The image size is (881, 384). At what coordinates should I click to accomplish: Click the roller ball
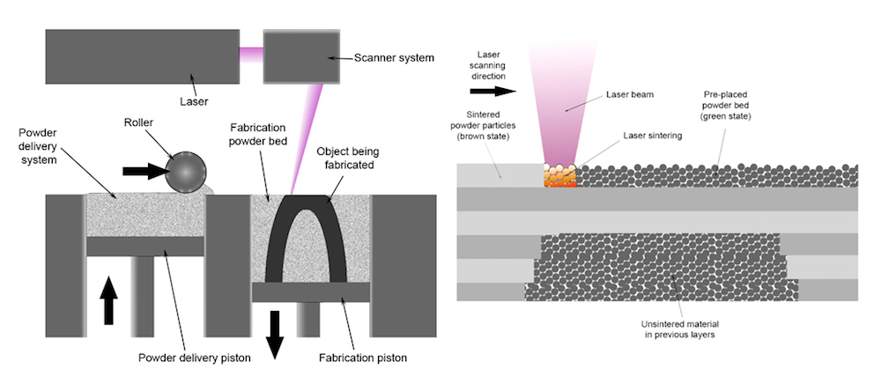tap(186, 173)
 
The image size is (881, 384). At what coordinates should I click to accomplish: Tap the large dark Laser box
tap(143, 56)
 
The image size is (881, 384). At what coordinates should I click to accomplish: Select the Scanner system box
tap(301, 56)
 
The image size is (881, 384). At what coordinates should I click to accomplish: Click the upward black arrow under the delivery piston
tap(109, 301)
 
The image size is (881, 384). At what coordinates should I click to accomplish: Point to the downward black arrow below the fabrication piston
tap(274, 335)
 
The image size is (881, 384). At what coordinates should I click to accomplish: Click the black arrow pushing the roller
tap(144, 172)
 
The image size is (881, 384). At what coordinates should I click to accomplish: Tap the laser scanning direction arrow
tap(492, 91)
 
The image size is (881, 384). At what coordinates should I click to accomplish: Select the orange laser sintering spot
tap(560, 175)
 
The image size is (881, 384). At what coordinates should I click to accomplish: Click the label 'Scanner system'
tap(394, 57)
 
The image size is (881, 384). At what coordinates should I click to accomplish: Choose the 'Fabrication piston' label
tap(362, 357)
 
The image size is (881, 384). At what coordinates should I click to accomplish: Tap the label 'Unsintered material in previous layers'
tap(680, 329)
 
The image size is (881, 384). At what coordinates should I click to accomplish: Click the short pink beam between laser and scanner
tap(251, 55)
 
